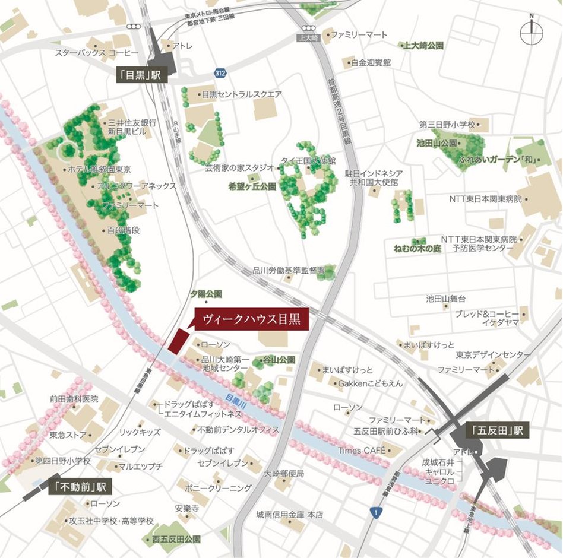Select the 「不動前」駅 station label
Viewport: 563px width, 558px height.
pos(80,487)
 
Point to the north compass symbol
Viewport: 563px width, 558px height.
pos(531,32)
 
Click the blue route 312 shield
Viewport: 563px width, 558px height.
pos(220,72)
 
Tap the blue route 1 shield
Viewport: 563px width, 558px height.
pos(375,511)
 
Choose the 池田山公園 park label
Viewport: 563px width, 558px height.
pos(437,144)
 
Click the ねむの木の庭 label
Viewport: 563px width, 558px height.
pos(417,248)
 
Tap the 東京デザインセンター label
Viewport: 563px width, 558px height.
pos(493,354)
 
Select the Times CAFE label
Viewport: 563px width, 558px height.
pos(361,451)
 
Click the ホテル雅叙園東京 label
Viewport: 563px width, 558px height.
pos(100,169)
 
